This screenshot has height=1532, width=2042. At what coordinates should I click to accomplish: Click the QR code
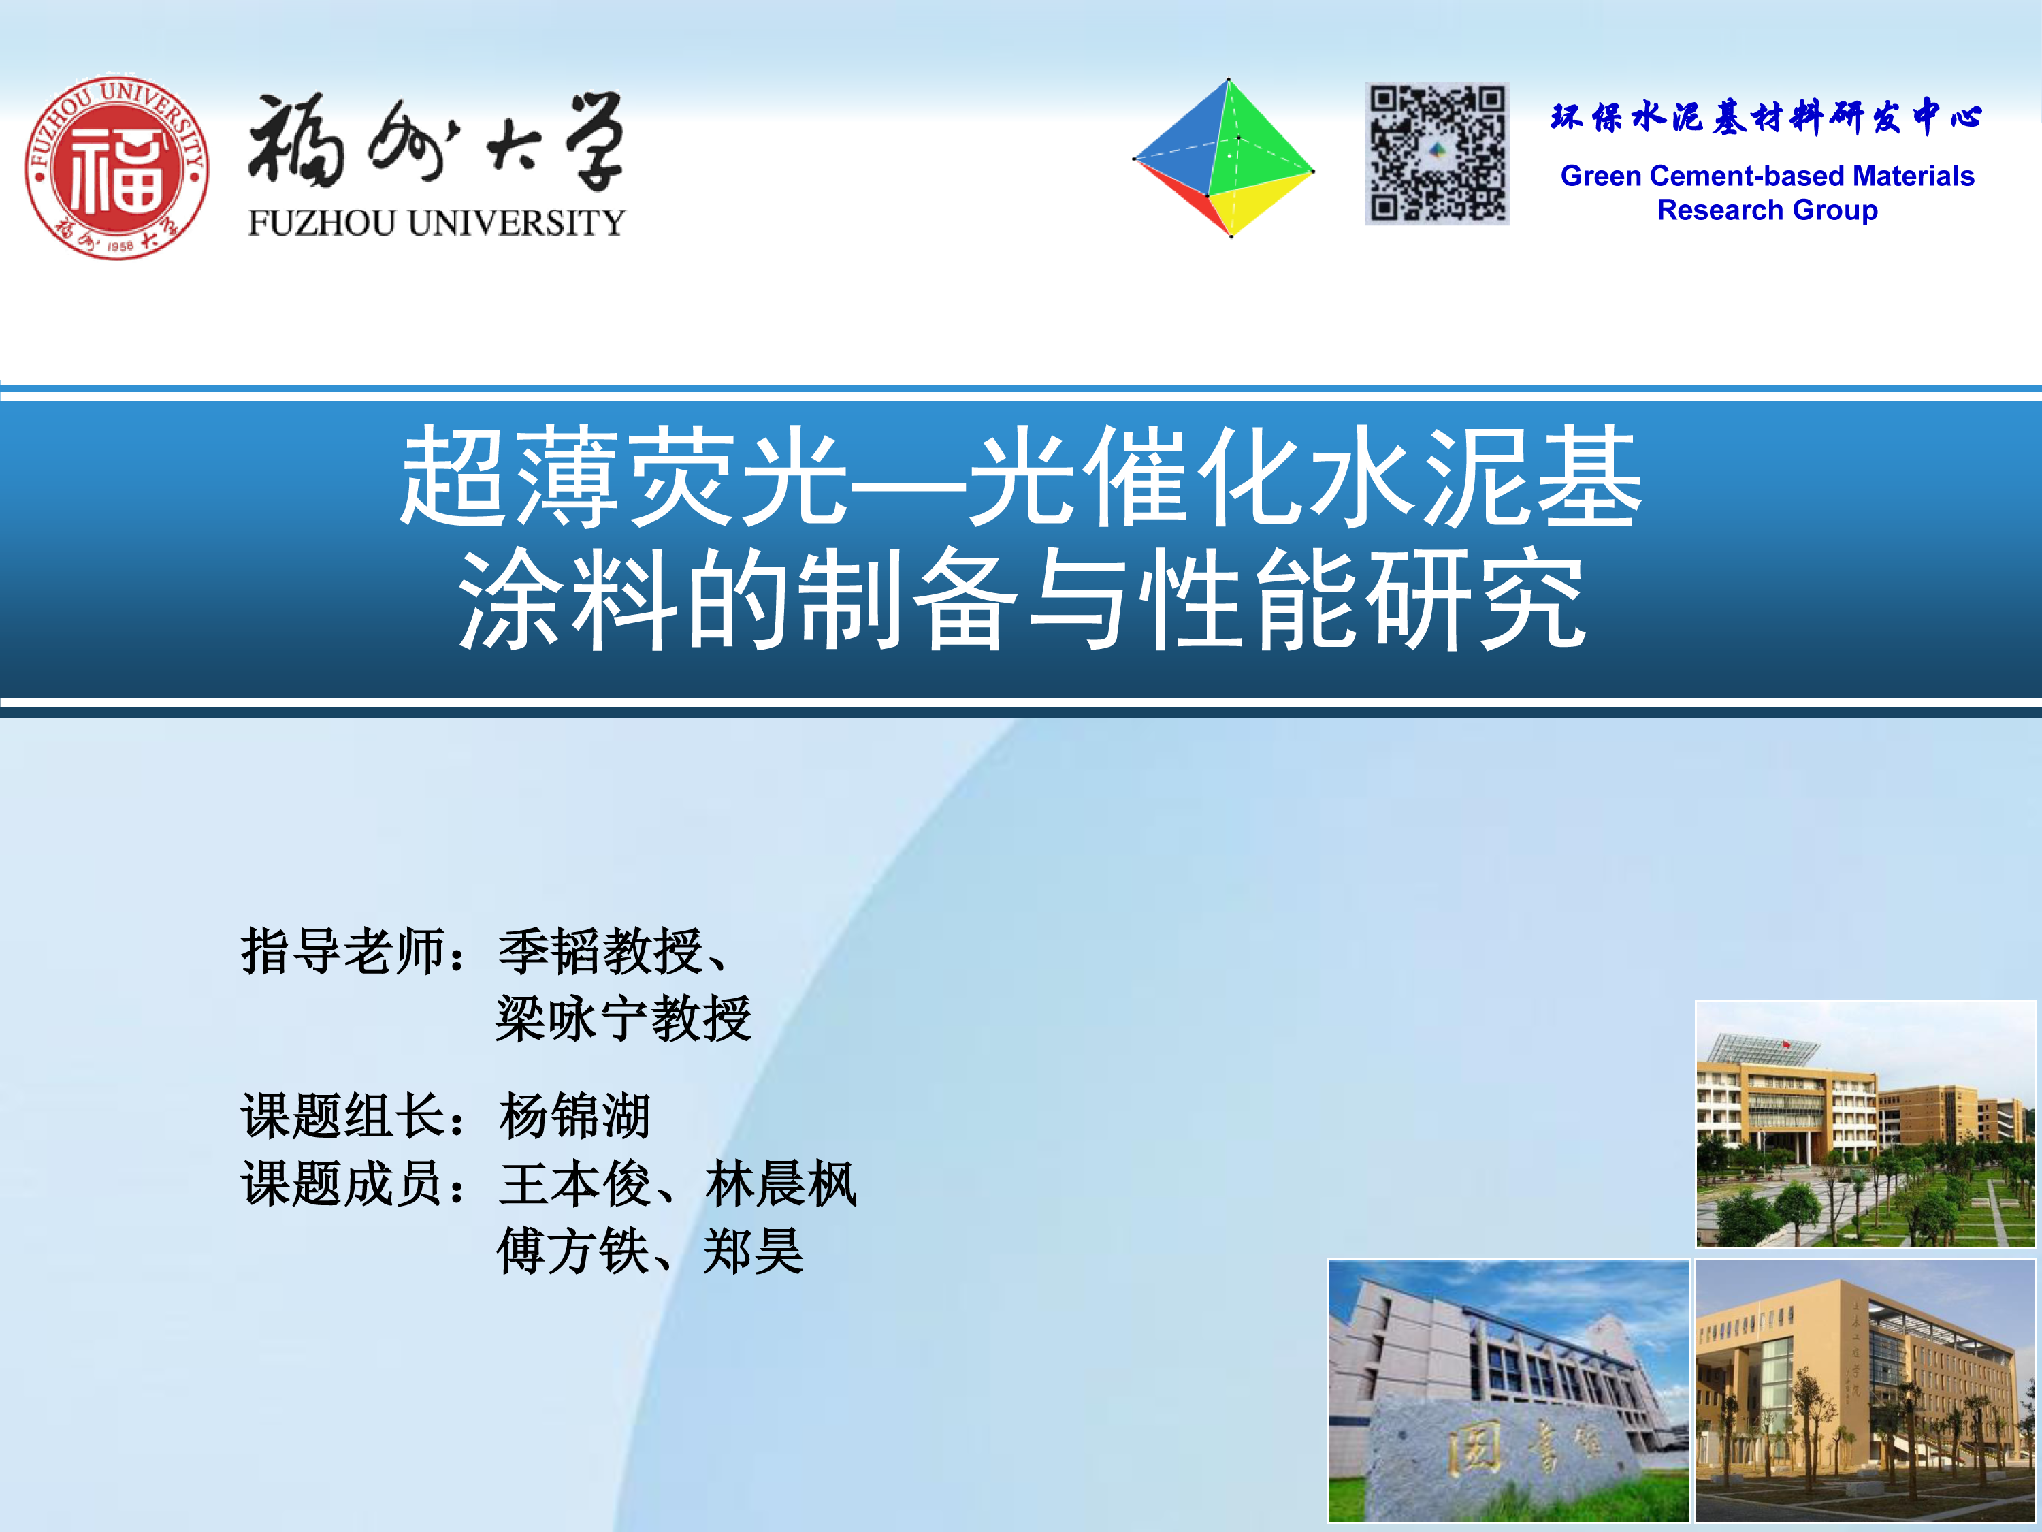pyautogui.click(x=1438, y=154)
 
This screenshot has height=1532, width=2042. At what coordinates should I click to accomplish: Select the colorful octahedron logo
pyautogui.click(x=1224, y=158)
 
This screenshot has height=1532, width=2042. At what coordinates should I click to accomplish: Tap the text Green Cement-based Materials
pyautogui.click(x=1767, y=176)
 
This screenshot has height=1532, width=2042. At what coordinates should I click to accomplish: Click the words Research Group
pyautogui.click(x=1767, y=210)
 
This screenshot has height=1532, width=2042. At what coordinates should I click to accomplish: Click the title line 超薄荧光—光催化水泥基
pyautogui.click(x=1021, y=477)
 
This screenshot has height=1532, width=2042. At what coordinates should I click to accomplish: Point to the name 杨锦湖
pyautogui.click(x=574, y=1115)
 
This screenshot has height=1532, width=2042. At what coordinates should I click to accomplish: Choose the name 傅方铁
pyautogui.click(x=573, y=1251)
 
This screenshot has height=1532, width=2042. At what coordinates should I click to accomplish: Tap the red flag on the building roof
pyautogui.click(x=1785, y=1044)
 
